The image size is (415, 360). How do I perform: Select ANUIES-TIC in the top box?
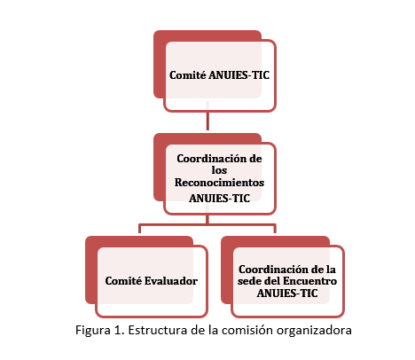(239, 75)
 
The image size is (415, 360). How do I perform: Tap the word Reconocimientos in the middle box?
(219, 183)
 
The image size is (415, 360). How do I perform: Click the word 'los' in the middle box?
(219, 170)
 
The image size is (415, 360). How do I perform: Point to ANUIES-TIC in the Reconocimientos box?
(219, 198)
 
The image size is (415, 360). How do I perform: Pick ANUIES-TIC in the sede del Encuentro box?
(287, 293)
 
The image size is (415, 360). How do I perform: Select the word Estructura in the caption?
(158, 330)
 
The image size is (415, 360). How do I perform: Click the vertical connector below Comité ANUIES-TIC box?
(207, 115)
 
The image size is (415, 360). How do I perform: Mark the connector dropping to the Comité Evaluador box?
(139, 229)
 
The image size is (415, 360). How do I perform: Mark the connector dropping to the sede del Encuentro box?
(275, 229)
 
